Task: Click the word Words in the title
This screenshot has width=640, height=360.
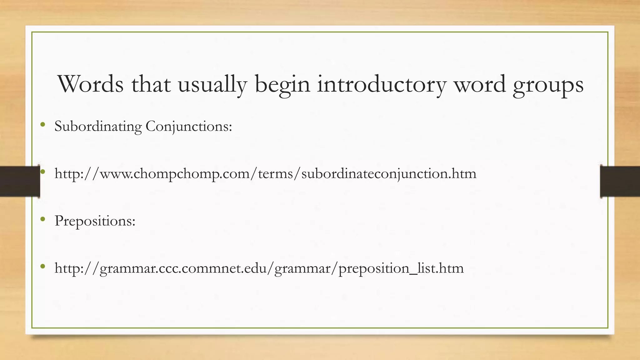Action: [91, 84]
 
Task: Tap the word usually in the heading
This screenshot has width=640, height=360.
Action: [212, 85]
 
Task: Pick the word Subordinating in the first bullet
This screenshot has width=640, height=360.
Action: [98, 127]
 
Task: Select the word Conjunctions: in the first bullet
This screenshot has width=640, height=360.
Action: [189, 127]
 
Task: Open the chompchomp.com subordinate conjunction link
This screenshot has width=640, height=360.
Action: [265, 174]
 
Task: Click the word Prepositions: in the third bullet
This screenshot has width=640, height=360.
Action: [95, 221]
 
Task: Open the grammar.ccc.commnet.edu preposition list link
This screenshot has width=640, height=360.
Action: [259, 268]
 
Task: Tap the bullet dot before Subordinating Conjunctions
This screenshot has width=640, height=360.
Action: [43, 125]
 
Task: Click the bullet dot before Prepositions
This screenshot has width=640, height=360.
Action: [43, 219]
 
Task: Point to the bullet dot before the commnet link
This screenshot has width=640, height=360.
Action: [43, 267]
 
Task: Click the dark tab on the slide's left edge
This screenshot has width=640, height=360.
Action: [20, 181]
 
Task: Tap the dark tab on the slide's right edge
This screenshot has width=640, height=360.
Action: [620, 181]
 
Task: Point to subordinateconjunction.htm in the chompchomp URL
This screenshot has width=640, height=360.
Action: [389, 174]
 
